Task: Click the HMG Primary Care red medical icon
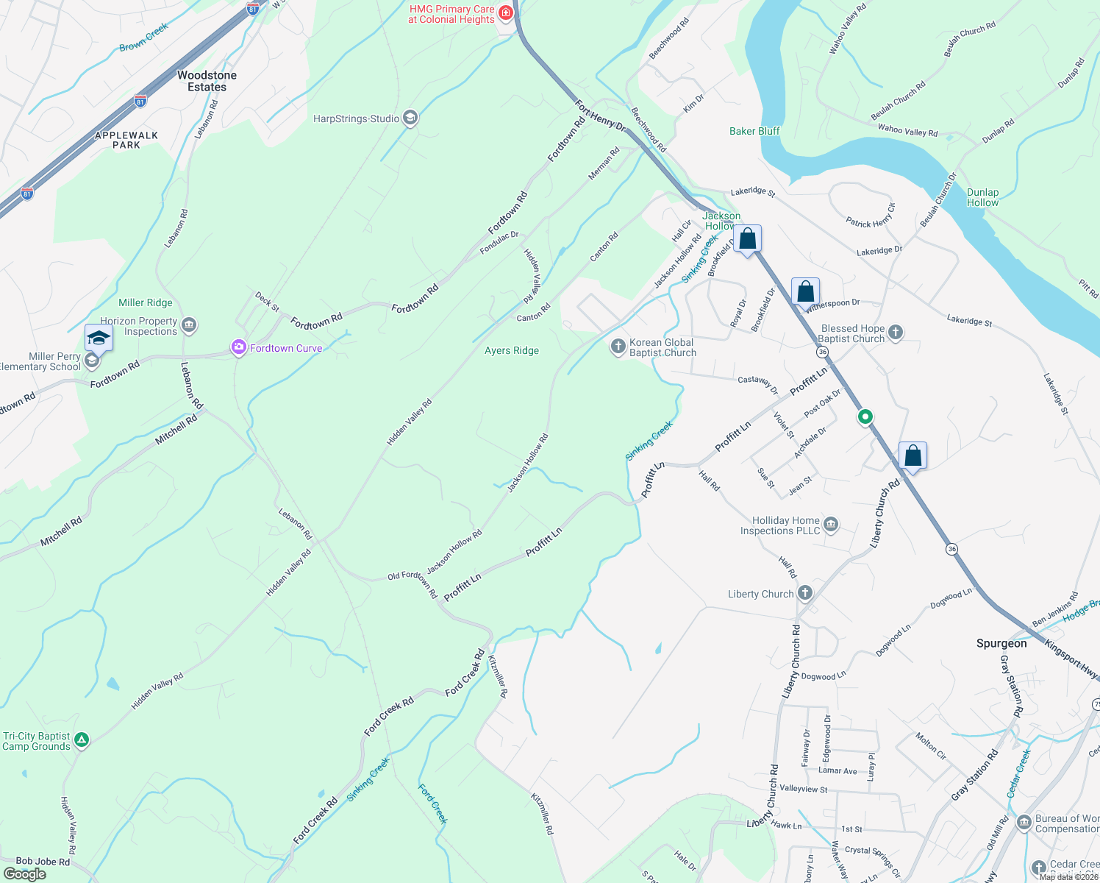506,13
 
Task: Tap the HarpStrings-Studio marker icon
411,118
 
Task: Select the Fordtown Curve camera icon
238,348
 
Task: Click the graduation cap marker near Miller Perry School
99,338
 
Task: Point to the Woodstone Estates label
207,81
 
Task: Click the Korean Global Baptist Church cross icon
618,346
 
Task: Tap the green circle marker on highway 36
865,416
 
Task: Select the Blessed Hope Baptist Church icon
895,332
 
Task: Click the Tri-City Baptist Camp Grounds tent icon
82,740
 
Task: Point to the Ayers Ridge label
512,351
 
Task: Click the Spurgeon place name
1001,643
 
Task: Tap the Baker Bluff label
754,131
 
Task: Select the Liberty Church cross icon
805,593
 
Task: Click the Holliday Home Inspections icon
831,524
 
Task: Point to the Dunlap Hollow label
982,197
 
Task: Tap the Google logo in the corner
24,874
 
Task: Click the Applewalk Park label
126,140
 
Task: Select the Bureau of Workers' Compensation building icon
1024,822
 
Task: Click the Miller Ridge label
146,302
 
